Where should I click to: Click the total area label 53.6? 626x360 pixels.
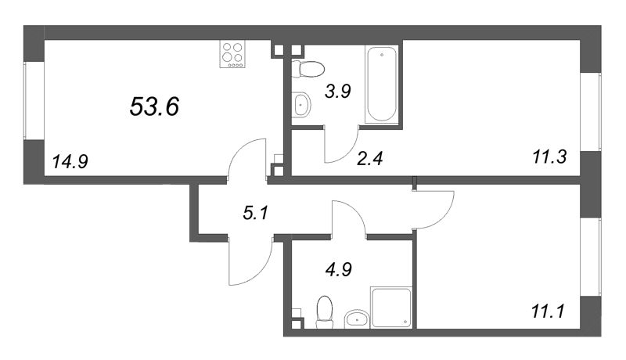(x=155, y=106)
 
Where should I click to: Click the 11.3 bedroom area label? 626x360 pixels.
(x=549, y=162)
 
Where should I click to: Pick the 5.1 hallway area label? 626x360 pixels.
(x=254, y=211)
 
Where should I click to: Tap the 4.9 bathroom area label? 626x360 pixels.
(x=337, y=270)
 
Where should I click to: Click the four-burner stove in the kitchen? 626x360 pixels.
(x=232, y=55)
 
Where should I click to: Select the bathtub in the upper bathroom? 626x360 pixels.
(x=383, y=84)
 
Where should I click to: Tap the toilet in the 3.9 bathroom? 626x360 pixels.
(x=304, y=69)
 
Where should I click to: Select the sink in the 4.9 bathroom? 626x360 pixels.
(x=357, y=318)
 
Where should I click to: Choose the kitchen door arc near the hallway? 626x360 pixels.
(x=249, y=157)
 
